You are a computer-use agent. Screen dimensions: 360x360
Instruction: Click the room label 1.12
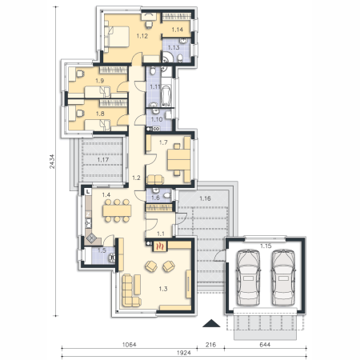142,36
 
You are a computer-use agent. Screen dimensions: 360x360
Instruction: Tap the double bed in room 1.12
117,37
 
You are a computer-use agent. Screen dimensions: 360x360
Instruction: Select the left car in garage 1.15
248,278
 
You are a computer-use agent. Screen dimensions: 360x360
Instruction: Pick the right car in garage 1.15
283,278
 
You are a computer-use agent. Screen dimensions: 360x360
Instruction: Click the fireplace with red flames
160,246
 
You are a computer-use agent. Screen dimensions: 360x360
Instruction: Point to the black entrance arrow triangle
211,323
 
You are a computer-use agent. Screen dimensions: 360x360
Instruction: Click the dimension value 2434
52,162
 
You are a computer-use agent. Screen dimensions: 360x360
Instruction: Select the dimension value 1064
130,345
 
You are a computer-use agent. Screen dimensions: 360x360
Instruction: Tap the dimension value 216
210,345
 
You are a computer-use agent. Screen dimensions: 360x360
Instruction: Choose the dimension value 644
265,345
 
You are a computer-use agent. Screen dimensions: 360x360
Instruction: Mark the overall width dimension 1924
184,353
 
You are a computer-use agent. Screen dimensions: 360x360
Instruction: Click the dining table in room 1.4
117,210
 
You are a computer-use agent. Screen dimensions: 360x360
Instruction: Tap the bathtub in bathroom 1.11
166,96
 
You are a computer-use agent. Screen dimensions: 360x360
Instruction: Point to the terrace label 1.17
102,160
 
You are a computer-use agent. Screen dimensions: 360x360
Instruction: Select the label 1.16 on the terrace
205,198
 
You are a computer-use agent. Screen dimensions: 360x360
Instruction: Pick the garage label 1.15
266,246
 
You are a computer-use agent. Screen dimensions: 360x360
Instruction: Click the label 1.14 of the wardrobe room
178,30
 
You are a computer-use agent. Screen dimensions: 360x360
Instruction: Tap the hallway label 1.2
136,178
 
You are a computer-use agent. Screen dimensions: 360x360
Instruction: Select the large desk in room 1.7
178,159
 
